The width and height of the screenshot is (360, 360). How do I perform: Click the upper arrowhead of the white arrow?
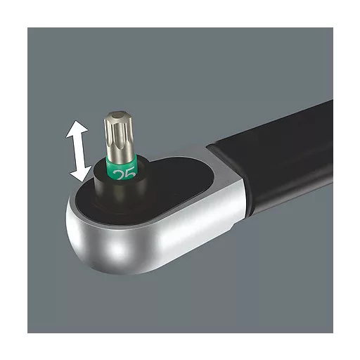tap(77, 129)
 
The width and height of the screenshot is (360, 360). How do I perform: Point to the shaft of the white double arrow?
tap(79, 152)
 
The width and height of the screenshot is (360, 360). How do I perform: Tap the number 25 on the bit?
tap(124, 174)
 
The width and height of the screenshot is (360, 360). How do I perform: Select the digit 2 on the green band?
tap(119, 175)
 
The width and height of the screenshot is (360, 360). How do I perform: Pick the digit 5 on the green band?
tap(130, 173)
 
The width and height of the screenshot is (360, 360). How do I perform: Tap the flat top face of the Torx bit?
tap(117, 116)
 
